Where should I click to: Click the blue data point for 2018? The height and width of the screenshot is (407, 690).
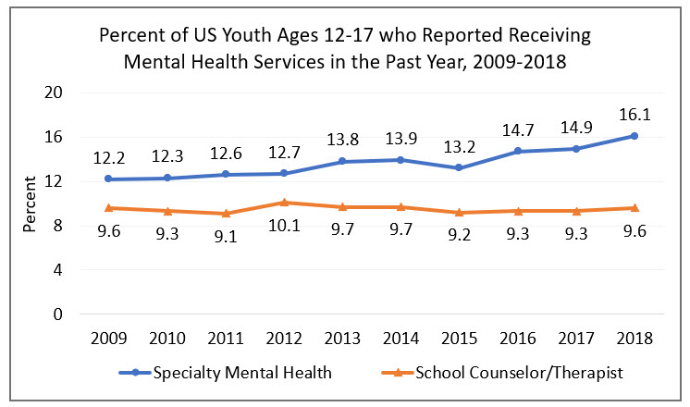[635, 136]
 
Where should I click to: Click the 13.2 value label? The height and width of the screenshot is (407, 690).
[458, 144]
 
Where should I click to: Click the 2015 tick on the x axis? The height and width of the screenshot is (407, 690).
[458, 338]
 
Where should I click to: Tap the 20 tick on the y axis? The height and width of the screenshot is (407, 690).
[60, 92]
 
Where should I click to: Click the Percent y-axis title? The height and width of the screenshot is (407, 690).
[31, 204]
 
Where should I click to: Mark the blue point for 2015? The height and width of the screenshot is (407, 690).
[458, 167]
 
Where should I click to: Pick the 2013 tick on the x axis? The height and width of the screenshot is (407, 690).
[341, 338]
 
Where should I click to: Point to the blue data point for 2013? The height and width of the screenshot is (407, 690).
[341, 161]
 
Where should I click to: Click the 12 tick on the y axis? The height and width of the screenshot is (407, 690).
[60, 181]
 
